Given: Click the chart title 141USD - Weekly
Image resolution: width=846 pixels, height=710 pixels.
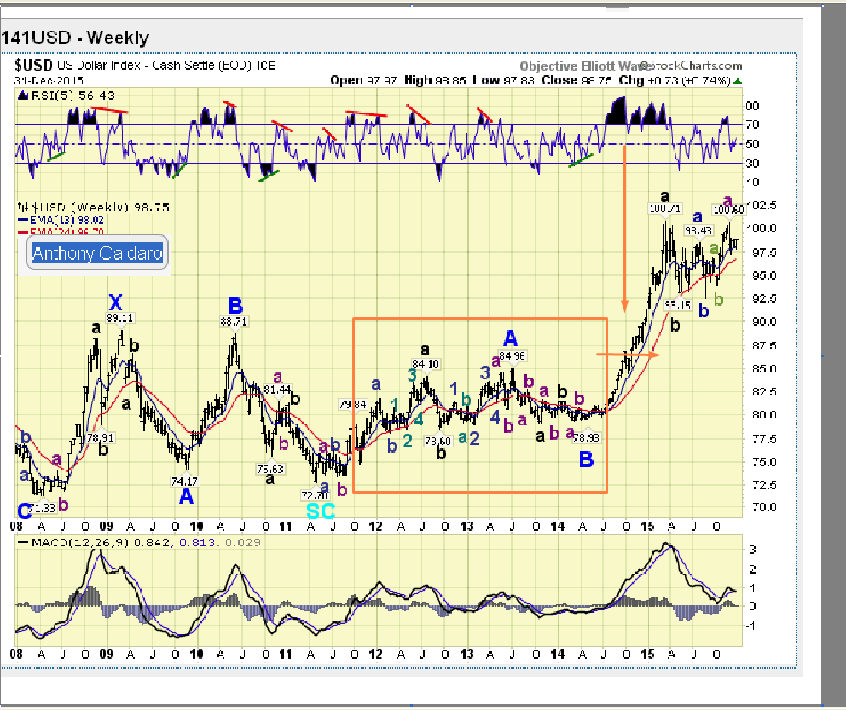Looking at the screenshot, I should tap(75, 38).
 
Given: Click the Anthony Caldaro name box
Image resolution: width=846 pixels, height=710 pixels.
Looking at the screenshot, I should tap(96, 253).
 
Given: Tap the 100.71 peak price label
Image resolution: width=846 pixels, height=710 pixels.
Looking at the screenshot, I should tap(664, 208).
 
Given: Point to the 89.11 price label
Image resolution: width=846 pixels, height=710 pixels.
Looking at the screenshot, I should tap(120, 318).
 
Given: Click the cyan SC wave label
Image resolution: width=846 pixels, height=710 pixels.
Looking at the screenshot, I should tap(321, 510).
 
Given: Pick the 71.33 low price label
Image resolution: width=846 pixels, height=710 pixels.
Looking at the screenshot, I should tap(41, 509).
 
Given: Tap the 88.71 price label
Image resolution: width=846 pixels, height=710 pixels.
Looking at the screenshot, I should tap(235, 321).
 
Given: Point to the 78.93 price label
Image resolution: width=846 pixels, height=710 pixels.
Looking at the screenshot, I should tap(587, 437).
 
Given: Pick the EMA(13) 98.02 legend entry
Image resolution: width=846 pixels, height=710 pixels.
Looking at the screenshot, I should tap(65, 219).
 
